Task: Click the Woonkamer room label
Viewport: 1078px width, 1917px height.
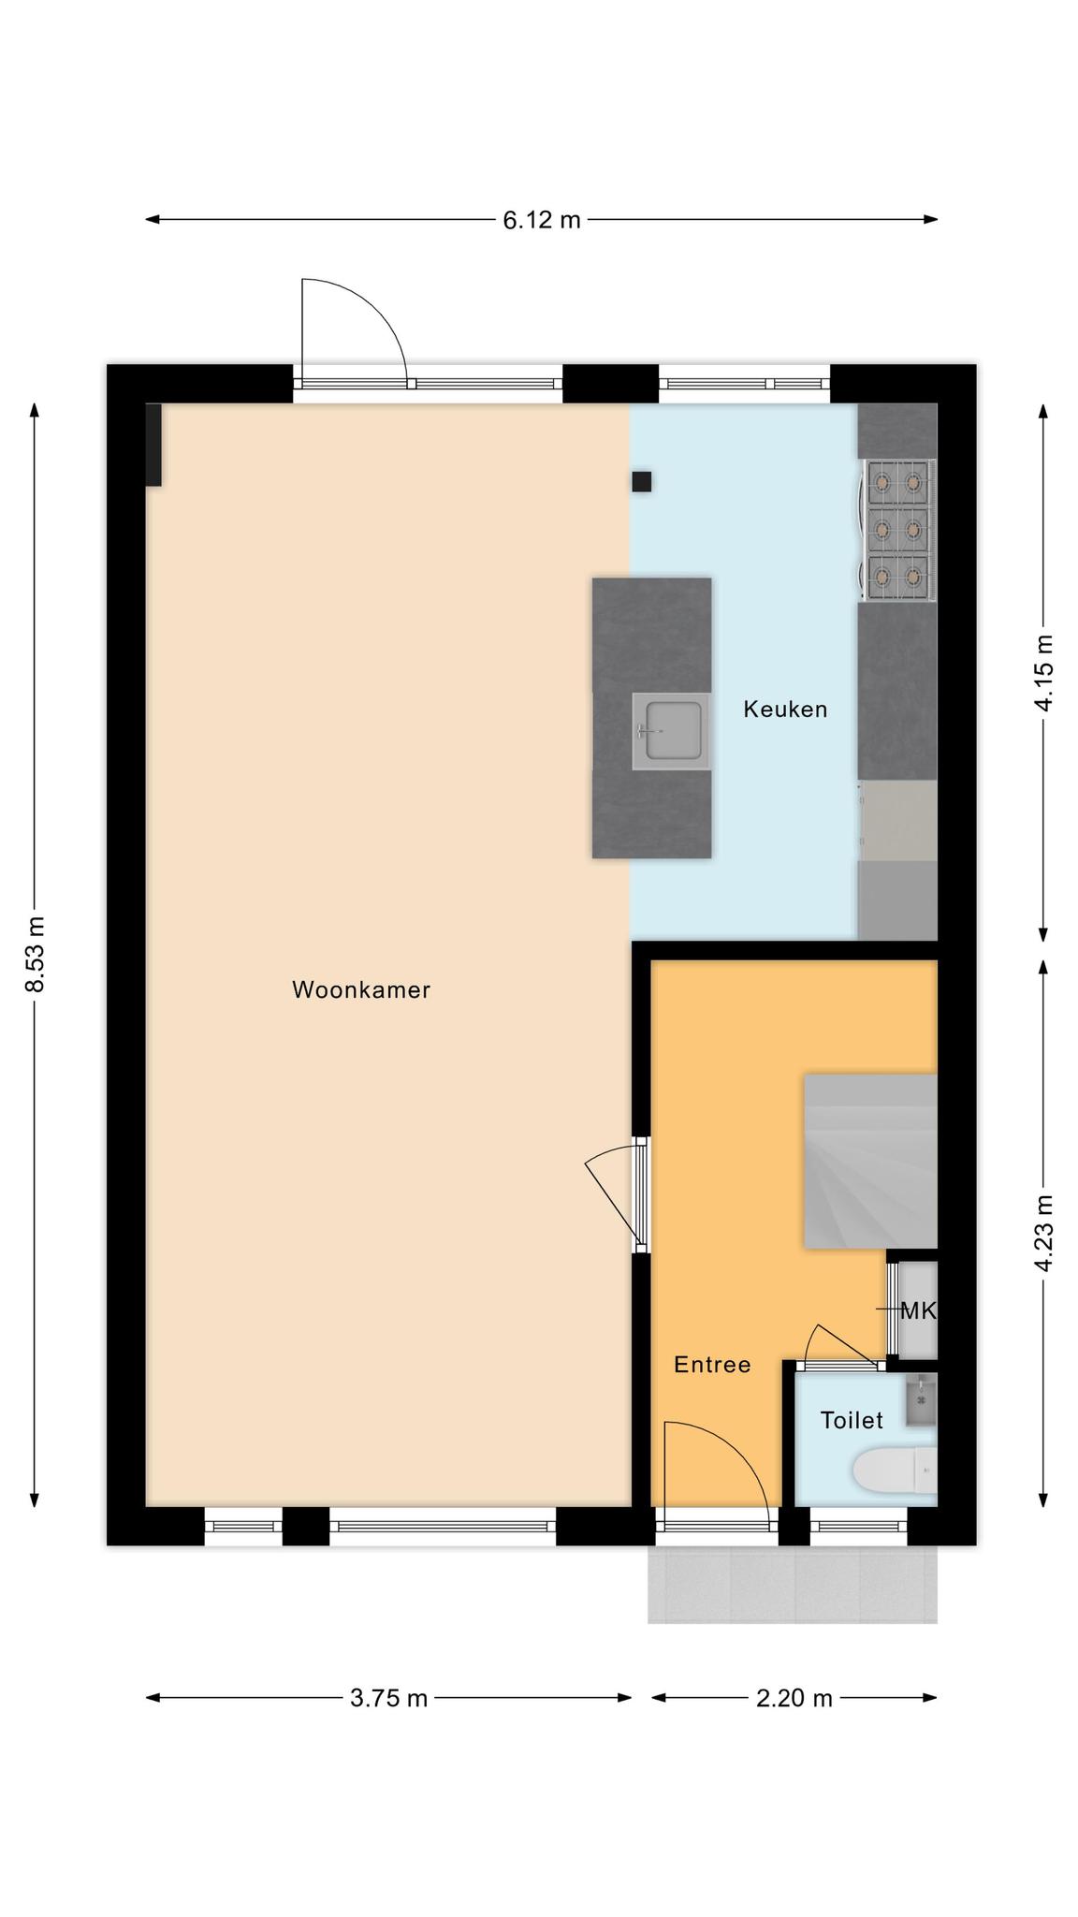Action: point(361,990)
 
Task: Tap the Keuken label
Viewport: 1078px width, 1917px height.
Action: point(785,710)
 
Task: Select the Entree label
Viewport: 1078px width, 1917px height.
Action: point(712,1365)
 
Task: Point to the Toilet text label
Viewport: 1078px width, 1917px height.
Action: point(852,1421)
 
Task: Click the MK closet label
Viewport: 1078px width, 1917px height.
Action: point(917,1311)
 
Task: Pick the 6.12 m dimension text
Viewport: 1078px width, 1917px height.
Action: point(542,220)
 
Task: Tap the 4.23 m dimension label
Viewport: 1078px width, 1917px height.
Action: point(1043,1233)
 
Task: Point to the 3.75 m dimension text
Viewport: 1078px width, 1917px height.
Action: point(388,1698)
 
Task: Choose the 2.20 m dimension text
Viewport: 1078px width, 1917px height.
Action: point(794,1698)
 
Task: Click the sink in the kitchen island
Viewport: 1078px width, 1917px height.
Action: point(668,731)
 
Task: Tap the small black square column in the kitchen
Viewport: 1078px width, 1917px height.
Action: point(642,482)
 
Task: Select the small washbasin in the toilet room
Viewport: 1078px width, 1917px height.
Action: point(921,1400)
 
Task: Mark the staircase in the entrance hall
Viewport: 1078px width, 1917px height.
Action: point(870,1162)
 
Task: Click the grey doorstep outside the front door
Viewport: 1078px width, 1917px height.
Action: point(793,1584)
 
